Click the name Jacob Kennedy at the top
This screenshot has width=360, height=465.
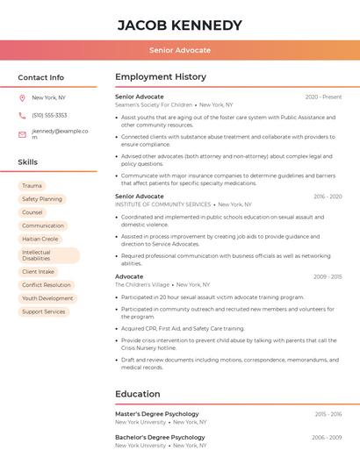click(x=180, y=25)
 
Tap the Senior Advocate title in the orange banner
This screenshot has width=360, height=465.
click(x=180, y=50)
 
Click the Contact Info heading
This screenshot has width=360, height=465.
click(x=41, y=77)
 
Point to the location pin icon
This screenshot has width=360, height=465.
click(x=22, y=97)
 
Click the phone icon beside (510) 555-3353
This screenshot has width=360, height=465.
click(x=22, y=115)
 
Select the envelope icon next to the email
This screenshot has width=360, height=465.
click(x=22, y=134)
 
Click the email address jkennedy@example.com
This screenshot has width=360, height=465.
click(x=60, y=133)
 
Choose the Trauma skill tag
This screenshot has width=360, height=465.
click(x=32, y=186)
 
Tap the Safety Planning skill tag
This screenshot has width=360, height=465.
click(x=42, y=199)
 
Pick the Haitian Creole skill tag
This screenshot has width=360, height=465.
click(x=40, y=239)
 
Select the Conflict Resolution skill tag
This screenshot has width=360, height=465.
click(x=47, y=285)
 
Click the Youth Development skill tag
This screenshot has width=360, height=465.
click(x=47, y=298)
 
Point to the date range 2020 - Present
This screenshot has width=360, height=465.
click(x=323, y=97)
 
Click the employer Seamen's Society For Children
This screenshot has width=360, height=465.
click(x=154, y=104)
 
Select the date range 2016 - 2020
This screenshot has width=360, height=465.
click(x=328, y=197)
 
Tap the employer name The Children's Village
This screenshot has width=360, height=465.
click(x=142, y=284)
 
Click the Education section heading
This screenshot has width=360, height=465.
click(x=137, y=395)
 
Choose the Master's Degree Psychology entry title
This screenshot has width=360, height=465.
click(x=157, y=414)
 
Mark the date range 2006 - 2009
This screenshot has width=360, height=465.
click(x=328, y=437)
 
